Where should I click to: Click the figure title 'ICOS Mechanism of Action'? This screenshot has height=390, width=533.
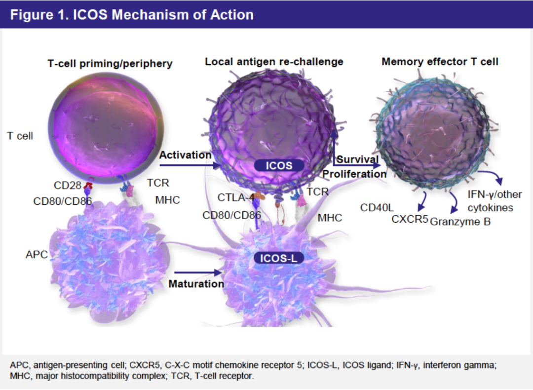[x=132, y=14]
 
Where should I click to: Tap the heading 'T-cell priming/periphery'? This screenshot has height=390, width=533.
[x=110, y=63]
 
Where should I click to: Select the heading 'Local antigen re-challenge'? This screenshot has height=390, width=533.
[x=274, y=62]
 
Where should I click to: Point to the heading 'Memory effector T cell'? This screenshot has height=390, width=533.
[x=440, y=62]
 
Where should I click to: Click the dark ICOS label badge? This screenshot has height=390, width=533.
[x=279, y=165]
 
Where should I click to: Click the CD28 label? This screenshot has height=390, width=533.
[x=67, y=185]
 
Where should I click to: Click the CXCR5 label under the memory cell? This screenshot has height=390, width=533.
[x=410, y=219]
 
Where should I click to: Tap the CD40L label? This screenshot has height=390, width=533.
[x=377, y=207]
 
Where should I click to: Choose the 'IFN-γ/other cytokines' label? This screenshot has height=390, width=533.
[x=495, y=200]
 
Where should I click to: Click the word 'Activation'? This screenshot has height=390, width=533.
[x=185, y=155]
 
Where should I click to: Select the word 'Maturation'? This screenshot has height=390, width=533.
[x=196, y=284]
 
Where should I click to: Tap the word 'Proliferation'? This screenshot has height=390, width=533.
[x=354, y=174]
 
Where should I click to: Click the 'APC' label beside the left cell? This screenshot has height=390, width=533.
[x=37, y=255]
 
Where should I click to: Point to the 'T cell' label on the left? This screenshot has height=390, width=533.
[x=20, y=136]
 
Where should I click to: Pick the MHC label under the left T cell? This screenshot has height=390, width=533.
[x=168, y=200]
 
